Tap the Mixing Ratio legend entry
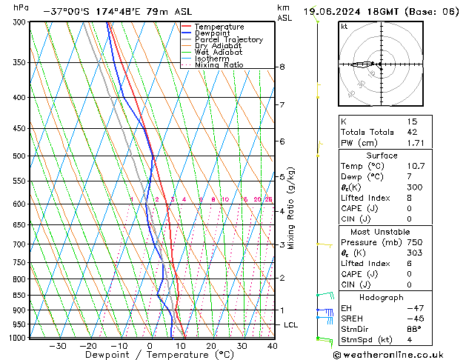point(219,65)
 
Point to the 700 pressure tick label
point(20,244)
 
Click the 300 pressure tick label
point(20,22)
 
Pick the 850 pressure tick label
point(20,296)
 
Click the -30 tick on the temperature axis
point(57,346)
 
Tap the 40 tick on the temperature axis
point(272,346)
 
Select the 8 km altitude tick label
point(282,67)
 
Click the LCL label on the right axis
point(291,325)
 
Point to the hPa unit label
point(21,7)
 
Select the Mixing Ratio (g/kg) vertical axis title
point(291,208)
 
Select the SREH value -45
point(412,319)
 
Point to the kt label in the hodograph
point(344,26)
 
